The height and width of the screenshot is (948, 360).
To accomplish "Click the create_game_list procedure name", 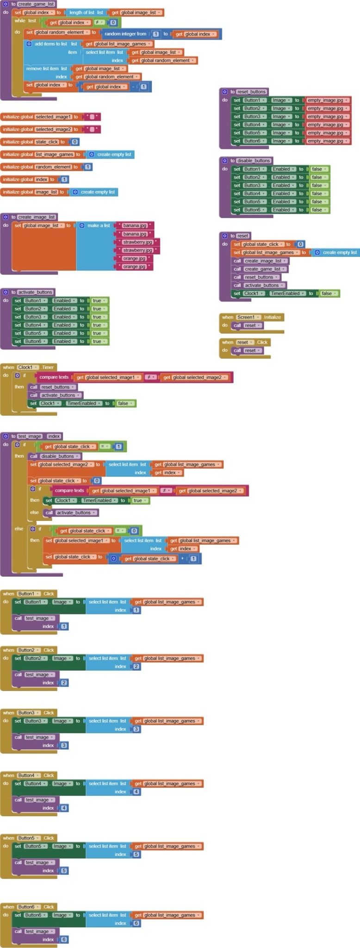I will (36, 4).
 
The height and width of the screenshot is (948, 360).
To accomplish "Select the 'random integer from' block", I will (125, 34).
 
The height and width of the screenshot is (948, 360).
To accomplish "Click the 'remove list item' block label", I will (46, 69).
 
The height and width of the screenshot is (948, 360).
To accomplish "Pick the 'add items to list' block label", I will (50, 44).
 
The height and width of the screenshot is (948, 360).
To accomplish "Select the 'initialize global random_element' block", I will (37, 167).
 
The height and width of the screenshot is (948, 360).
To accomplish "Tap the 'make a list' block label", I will (99, 225).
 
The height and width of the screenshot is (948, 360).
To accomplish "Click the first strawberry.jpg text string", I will (137, 242).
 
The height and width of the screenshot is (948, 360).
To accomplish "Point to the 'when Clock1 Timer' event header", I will (28, 367).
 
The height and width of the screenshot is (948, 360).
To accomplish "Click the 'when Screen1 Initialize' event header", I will (252, 317).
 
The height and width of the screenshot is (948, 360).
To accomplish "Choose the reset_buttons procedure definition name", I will (251, 92).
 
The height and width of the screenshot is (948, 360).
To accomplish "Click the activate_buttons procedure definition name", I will (35, 292).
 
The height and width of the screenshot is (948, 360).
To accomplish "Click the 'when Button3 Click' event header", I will (28, 712).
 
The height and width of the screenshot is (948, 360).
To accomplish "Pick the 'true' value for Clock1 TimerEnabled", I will (138, 500).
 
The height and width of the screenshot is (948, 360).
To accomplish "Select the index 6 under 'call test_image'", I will (64, 939).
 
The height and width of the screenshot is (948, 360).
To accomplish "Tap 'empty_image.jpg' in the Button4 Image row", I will (325, 125).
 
